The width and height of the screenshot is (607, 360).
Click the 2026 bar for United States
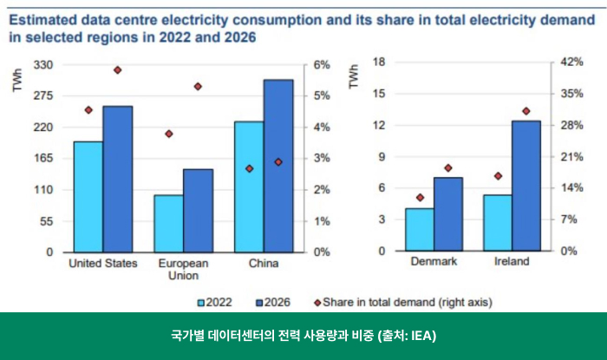click(x=118, y=179)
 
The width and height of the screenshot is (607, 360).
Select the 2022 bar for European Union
click(x=168, y=223)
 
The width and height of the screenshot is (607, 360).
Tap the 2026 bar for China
click(x=278, y=166)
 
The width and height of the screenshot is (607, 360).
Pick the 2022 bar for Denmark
click(x=420, y=229)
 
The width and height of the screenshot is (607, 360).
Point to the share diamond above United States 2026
click(x=118, y=70)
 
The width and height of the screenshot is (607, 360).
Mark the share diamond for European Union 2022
click(x=168, y=134)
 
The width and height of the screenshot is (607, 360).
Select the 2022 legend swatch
click(x=203, y=303)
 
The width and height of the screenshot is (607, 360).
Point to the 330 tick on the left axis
click(x=43, y=65)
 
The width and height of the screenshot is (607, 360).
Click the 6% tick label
click(x=322, y=65)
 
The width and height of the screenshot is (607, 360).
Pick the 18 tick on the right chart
click(x=378, y=62)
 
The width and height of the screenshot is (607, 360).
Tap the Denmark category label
click(x=434, y=261)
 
